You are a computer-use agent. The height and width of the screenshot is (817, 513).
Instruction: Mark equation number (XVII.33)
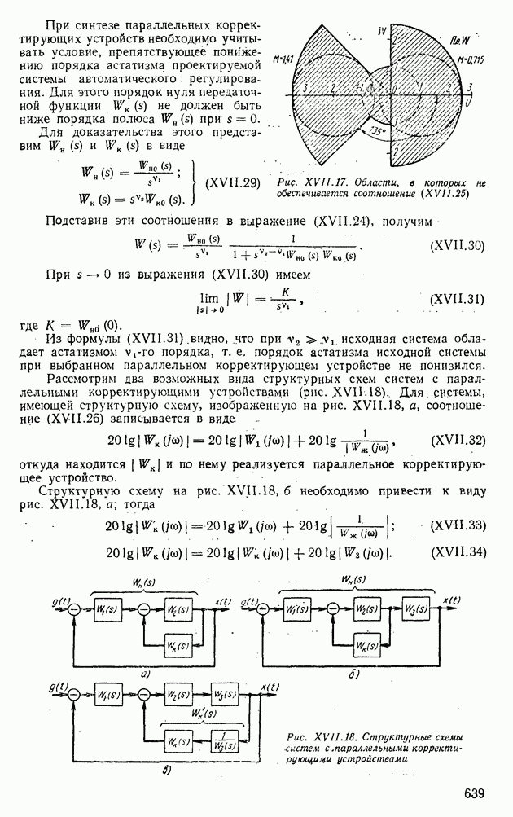[x=457, y=525]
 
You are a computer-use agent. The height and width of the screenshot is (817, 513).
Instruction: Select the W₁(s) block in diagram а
[x=105, y=609]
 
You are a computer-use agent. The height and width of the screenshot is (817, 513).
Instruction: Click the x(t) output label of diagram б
[x=452, y=600]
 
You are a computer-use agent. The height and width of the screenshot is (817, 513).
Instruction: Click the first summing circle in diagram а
[x=74, y=610]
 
